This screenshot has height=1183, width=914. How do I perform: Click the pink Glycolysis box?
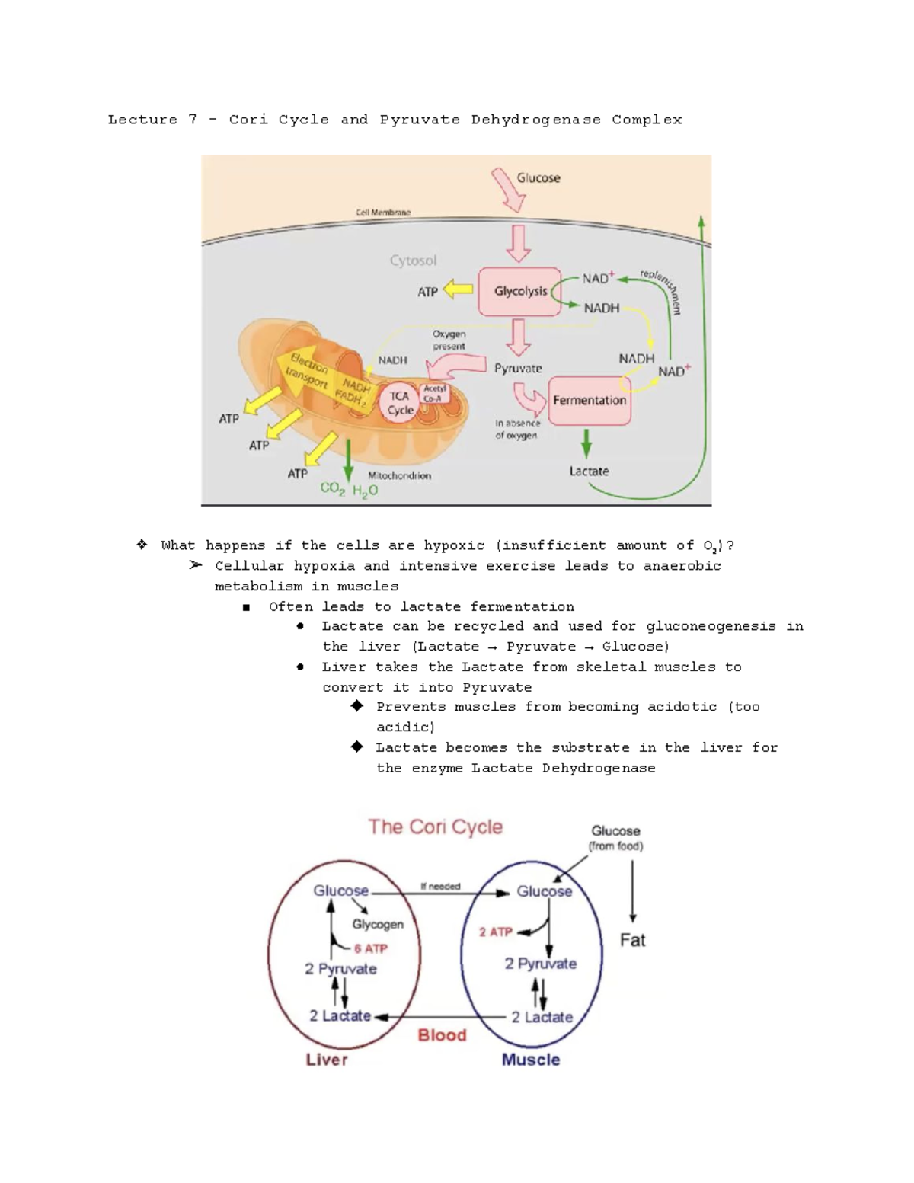(519, 291)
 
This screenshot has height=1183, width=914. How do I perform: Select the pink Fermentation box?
(590, 401)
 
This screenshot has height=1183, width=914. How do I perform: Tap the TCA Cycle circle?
(400, 403)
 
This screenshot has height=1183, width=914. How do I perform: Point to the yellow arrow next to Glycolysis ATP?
(458, 289)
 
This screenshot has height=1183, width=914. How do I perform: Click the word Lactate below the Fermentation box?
(589, 472)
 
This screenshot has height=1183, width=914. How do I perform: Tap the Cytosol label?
(413, 261)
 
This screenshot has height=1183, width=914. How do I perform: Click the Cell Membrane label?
(383, 213)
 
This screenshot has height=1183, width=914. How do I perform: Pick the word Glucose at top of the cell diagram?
(538, 178)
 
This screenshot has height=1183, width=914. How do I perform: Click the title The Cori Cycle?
(435, 827)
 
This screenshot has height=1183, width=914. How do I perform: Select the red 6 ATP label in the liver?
(371, 948)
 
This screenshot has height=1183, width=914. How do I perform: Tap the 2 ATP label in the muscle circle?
(495, 932)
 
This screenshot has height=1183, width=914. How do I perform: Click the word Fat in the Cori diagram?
(632, 940)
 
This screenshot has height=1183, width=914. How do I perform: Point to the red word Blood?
(442, 1034)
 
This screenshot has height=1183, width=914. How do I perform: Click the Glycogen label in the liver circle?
(378, 924)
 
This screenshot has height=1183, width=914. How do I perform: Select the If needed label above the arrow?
(440, 887)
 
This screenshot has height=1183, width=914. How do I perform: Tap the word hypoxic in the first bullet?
(454, 545)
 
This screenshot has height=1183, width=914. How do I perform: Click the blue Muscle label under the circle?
(531, 1060)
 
